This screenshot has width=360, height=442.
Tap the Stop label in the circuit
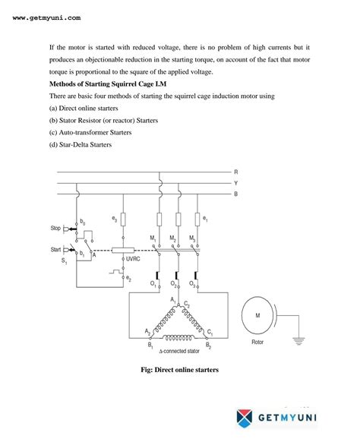pos(55,228)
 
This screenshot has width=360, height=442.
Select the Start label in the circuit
pos(55,248)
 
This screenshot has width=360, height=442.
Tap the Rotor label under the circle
pos(258,340)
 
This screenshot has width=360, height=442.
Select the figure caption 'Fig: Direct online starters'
pos(179,371)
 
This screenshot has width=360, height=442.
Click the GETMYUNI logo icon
pos(245,417)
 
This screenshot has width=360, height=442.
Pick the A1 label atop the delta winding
pos(173,301)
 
